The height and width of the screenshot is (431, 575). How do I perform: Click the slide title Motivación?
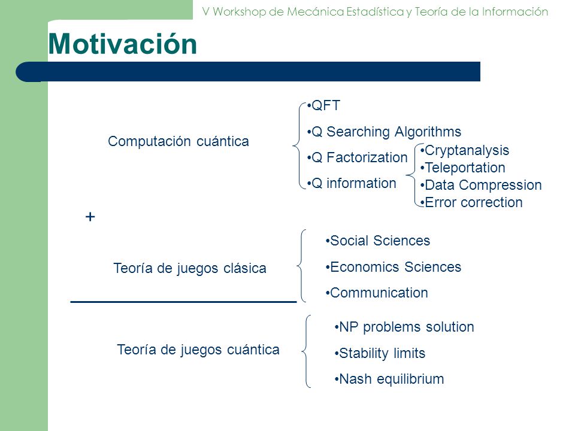122,44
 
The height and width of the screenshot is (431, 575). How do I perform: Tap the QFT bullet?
323,105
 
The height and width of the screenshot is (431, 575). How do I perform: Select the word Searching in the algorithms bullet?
358,132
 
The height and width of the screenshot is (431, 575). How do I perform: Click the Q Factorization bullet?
357,157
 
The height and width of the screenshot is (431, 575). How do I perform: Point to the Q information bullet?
352,183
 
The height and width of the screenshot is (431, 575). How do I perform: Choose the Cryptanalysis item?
465,150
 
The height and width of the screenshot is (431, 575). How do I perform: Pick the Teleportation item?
463,168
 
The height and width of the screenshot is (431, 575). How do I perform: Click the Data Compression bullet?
481,185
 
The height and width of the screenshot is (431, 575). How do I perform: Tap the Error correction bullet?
471,202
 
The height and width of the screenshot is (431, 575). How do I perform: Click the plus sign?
90,217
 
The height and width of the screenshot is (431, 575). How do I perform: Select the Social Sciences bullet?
378,241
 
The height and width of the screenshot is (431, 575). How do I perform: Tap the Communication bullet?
377,293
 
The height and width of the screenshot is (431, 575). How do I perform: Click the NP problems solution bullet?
404,327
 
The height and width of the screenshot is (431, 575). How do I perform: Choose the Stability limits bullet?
380,353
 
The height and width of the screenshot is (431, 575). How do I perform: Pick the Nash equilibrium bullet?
389,379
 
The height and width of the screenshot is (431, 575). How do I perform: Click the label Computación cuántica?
178,141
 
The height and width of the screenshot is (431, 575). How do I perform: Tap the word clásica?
245,268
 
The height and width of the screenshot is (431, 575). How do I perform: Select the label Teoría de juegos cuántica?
198,350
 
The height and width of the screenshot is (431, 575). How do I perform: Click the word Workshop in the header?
239,12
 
